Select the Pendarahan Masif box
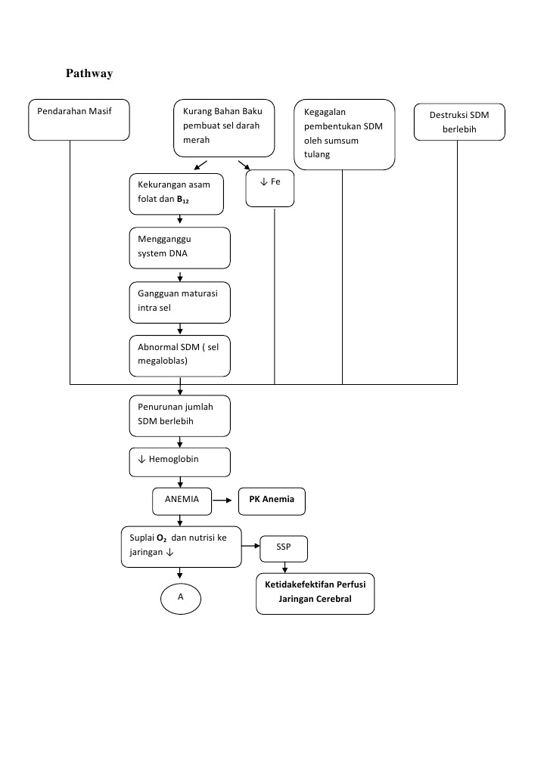(79, 119)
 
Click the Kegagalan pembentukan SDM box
(344, 134)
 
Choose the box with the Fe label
(269, 188)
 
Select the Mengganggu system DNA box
(179, 247)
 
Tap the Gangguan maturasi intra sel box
(179, 302)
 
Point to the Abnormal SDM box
(179, 355)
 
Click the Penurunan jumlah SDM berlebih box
(179, 414)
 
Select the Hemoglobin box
(179, 462)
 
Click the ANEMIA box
(182, 500)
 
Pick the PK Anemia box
(272, 500)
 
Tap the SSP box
(284, 549)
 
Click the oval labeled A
(181, 597)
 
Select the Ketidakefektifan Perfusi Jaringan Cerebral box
(315, 594)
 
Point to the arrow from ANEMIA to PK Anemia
(223, 500)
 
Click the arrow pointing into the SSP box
(250, 545)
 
